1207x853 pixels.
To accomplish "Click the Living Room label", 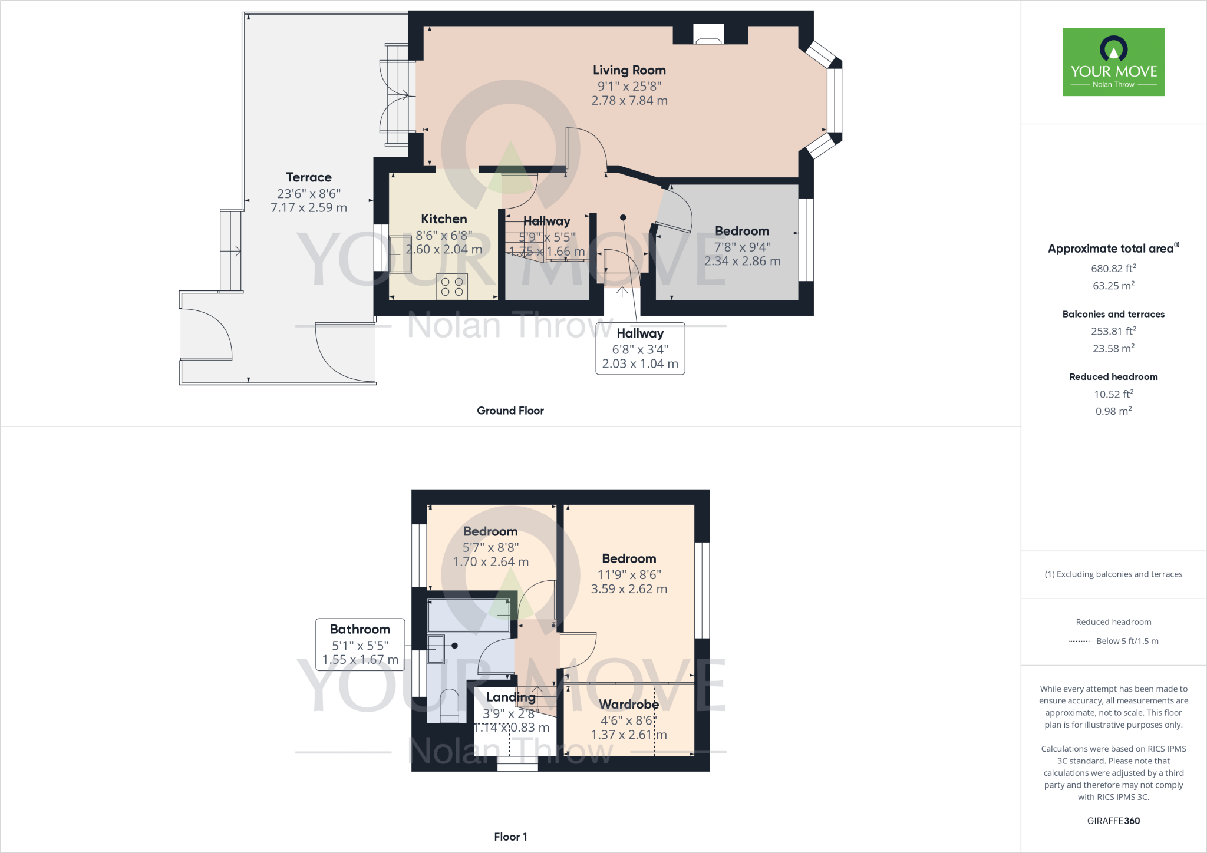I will tap(629, 70).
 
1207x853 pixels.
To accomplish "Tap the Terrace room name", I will tap(309, 177).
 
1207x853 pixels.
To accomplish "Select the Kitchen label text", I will tap(444, 219).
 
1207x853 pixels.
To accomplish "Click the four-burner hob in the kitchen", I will tap(452, 287).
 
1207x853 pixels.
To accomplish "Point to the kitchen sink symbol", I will tap(400, 254).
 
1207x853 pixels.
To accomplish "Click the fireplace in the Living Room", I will tap(708, 35).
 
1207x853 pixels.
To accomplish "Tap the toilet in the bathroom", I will tap(449, 705).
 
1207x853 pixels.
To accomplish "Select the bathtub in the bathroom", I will tap(469, 616).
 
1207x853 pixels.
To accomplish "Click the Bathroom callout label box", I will tap(360, 644).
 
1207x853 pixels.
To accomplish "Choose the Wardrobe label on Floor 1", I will tap(629, 705).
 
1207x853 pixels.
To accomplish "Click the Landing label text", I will tap(511, 697).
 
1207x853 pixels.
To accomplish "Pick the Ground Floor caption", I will tap(510, 411).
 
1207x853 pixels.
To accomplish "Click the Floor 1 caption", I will tap(510, 837).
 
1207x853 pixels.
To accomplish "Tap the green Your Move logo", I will tap(1113, 62).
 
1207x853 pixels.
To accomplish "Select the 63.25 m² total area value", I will tap(1113, 286).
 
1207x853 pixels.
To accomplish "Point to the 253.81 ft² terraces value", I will tap(1113, 331).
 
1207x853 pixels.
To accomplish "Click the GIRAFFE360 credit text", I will tap(1113, 821).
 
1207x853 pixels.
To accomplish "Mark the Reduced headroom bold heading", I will tap(1113, 377).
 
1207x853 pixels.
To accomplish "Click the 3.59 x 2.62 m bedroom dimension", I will tap(629, 589).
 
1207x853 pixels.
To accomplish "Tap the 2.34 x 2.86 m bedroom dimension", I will tap(742, 261).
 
